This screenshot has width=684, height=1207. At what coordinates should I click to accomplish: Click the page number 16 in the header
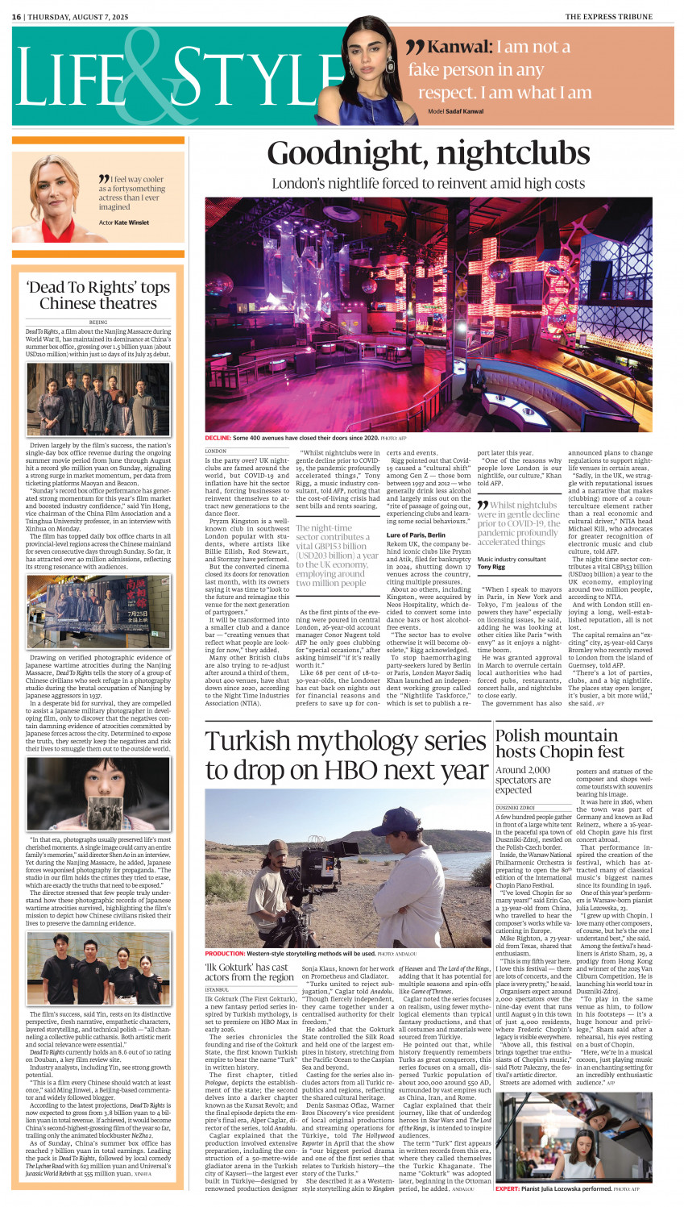[16, 16]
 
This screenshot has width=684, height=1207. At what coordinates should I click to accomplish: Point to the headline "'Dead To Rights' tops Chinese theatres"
[98, 295]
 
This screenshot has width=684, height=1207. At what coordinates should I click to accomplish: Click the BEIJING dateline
[98, 322]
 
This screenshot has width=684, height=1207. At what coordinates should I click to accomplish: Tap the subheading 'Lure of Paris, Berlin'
[416, 535]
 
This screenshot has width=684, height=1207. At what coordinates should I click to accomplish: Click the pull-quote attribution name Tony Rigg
[491, 567]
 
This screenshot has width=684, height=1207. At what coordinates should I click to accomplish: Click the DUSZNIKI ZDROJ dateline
[519, 807]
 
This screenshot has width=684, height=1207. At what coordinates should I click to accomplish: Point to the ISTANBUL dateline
[217, 989]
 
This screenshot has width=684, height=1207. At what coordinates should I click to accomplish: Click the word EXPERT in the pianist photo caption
[507, 1188]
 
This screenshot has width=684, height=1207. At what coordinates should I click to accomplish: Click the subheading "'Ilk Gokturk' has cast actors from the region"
[250, 972]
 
